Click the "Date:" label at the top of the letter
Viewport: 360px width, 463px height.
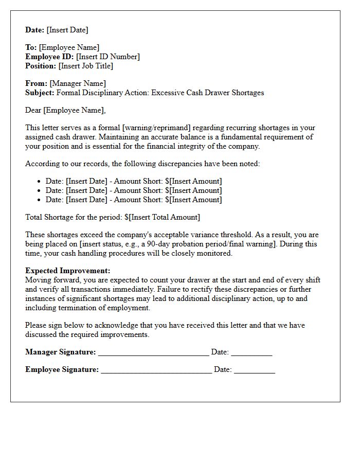click(35, 30)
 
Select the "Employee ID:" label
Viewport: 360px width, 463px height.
click(49, 57)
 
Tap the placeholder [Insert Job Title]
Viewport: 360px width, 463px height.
click(85, 66)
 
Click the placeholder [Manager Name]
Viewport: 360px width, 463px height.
click(78, 83)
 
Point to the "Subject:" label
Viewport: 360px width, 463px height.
click(40, 93)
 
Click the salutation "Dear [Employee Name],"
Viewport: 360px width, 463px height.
click(65, 110)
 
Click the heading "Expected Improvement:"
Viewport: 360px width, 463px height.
click(67, 271)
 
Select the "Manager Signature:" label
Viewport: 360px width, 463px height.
click(60, 352)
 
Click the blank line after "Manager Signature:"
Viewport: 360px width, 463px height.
click(153, 353)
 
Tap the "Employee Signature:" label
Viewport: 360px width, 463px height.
click(62, 369)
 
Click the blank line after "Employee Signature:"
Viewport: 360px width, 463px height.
click(156, 370)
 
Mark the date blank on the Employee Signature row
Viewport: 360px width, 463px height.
click(255, 370)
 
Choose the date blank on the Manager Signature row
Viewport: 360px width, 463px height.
click(251, 353)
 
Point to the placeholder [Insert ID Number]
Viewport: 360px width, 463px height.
click(108, 57)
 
